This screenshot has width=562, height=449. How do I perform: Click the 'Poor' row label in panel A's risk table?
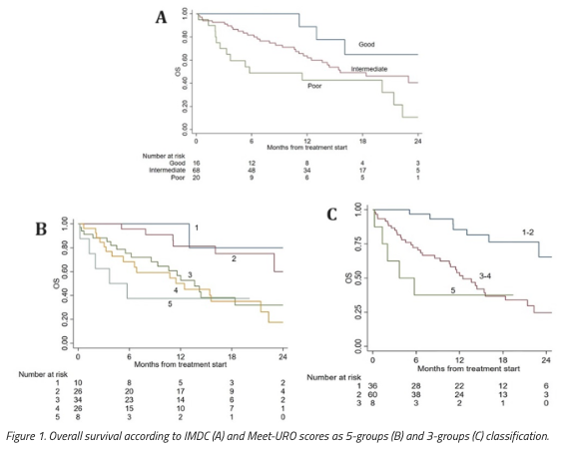tap(179, 181)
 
